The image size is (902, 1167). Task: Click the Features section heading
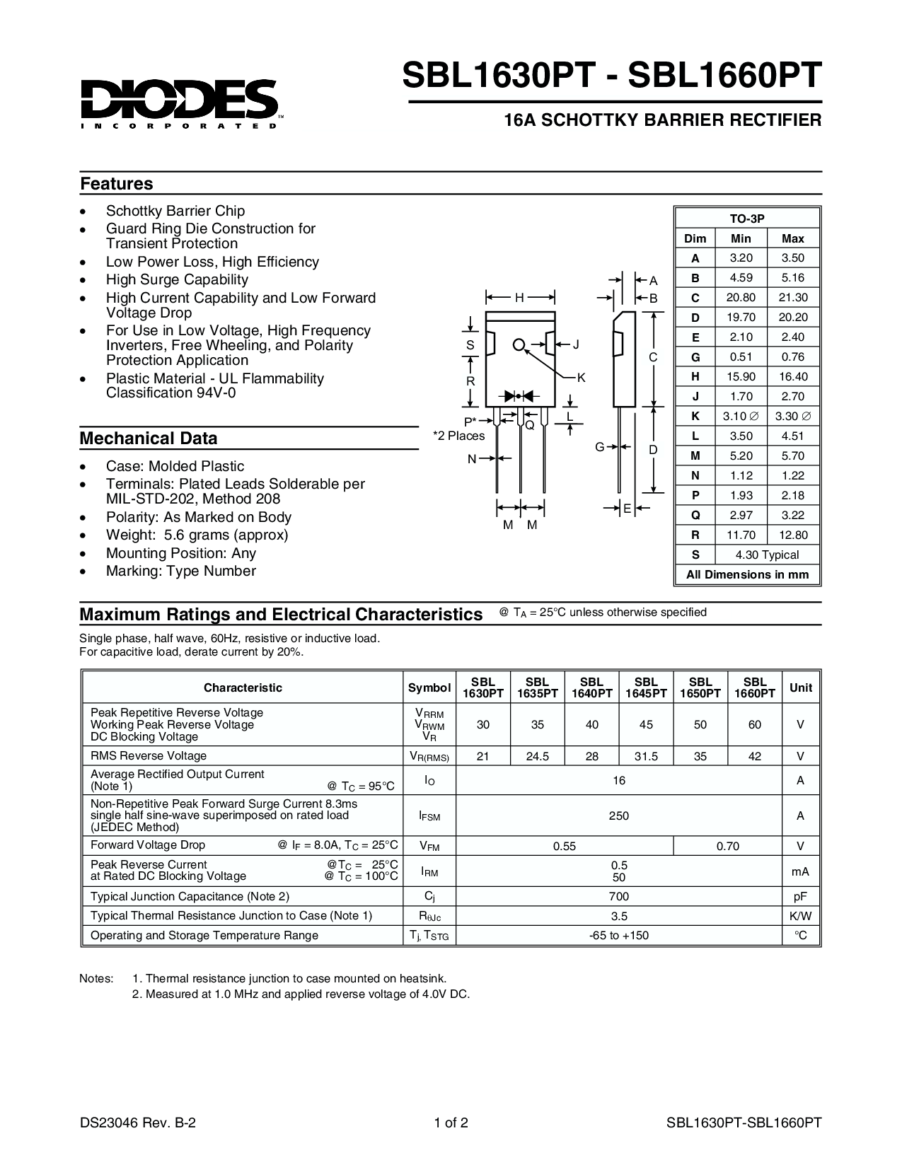coord(116,184)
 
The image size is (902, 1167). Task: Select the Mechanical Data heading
coord(149,439)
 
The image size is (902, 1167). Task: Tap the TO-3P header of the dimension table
coord(747,219)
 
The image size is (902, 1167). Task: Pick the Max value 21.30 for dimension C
coord(792,298)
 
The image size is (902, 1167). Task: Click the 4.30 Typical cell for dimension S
coord(767,555)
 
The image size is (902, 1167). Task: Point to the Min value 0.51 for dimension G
coord(741,357)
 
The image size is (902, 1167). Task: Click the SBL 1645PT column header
coord(646,687)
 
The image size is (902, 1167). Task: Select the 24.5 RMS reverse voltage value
coord(538,756)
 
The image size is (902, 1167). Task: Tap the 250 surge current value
coord(619,815)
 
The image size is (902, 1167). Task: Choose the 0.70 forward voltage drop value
coord(727,846)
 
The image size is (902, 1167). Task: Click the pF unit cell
coord(800,897)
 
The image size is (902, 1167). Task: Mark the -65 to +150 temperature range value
coord(619,936)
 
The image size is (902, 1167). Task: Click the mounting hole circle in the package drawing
coord(519,345)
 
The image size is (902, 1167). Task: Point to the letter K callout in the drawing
coord(581,378)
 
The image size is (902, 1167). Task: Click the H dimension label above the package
coord(519,298)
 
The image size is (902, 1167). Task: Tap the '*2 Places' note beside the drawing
coord(459,436)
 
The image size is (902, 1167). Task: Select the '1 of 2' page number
coord(451,1122)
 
